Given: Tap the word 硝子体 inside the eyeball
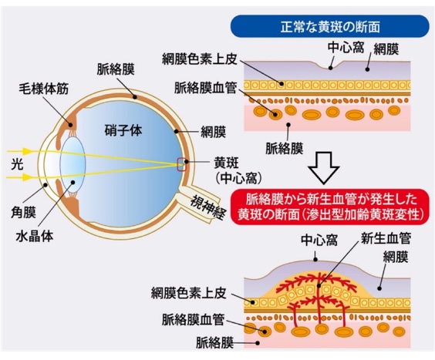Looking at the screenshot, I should (x=124, y=132).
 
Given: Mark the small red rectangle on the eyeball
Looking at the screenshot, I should (x=183, y=163).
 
